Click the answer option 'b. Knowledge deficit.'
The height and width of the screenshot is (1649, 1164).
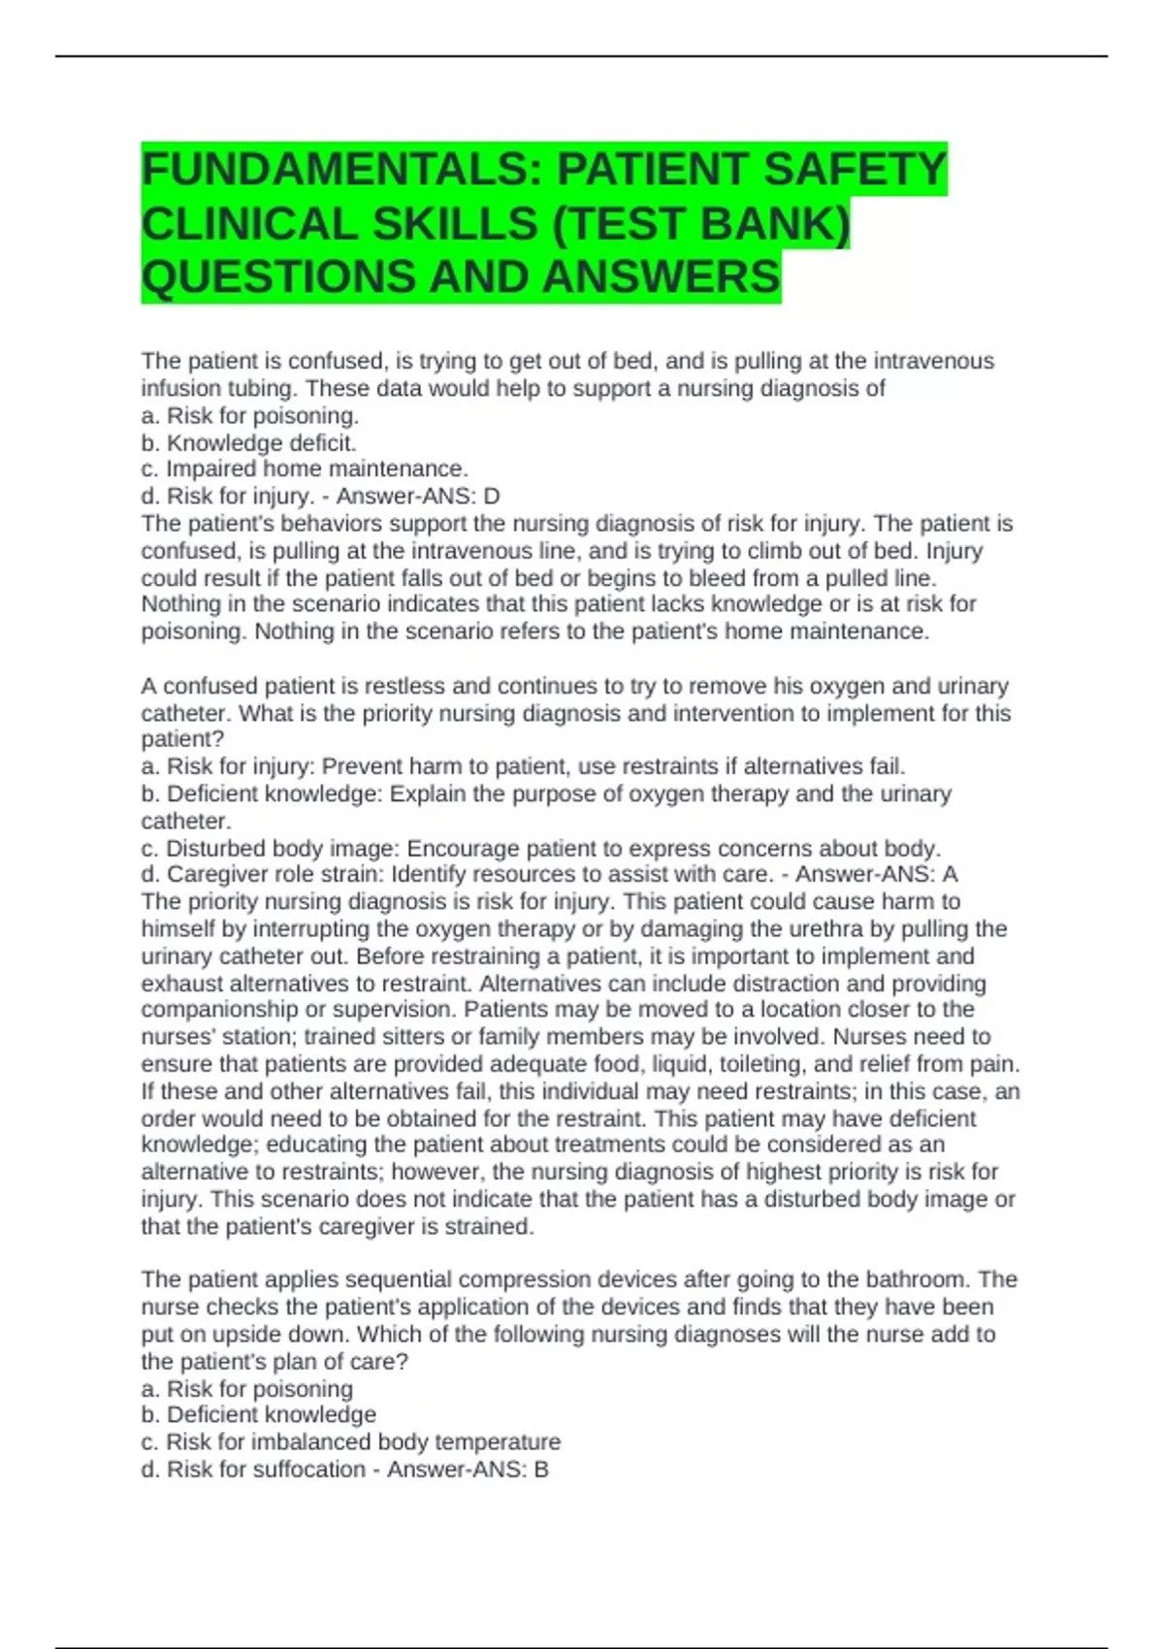click(249, 443)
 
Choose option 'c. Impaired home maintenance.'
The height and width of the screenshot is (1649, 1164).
click(305, 469)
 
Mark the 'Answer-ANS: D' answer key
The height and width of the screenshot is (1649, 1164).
click(418, 497)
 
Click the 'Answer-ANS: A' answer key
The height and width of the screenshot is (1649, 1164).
click(877, 875)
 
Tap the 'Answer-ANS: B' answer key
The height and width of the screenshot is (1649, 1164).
click(468, 1470)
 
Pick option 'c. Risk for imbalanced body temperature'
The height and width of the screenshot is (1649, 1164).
click(350, 1442)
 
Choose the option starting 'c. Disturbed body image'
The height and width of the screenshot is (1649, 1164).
click(540, 849)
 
